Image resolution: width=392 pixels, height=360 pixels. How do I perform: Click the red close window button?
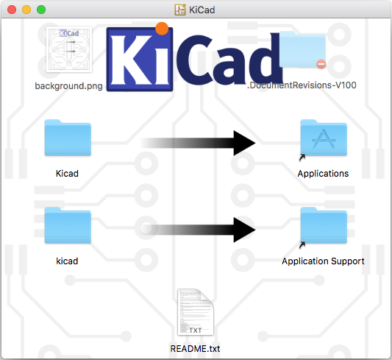[12, 10]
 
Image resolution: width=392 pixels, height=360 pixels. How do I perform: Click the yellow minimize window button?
[26, 10]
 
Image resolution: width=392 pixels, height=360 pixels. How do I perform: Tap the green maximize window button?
[41, 10]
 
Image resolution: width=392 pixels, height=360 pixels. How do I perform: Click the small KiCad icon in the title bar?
[180, 10]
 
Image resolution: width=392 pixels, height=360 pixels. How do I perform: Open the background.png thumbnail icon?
[69, 49]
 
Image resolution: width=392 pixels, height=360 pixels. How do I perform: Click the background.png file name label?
[68, 86]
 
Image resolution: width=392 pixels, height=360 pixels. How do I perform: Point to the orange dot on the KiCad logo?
[162, 29]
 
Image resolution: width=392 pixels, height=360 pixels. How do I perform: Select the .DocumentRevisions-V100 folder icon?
[302, 49]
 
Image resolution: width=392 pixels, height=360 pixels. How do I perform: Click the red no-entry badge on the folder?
[321, 64]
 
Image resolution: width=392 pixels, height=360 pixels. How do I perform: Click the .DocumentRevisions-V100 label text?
[302, 85]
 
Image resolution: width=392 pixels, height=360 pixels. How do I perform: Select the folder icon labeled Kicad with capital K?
[68, 138]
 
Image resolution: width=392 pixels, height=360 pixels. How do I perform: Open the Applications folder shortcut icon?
[324, 138]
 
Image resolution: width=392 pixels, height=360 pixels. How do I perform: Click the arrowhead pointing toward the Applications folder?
[244, 143]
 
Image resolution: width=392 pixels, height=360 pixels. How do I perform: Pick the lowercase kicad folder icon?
[68, 225]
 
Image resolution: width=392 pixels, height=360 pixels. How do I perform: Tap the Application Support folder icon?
[324, 225]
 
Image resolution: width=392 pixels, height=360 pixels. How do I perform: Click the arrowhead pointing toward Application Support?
[244, 230]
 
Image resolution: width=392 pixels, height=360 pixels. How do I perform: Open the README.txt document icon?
[195, 312]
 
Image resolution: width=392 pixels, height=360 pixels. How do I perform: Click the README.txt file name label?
[195, 348]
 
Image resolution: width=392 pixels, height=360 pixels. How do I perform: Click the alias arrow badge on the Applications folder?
[302, 158]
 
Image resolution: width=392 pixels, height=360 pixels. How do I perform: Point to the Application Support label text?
[323, 261]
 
